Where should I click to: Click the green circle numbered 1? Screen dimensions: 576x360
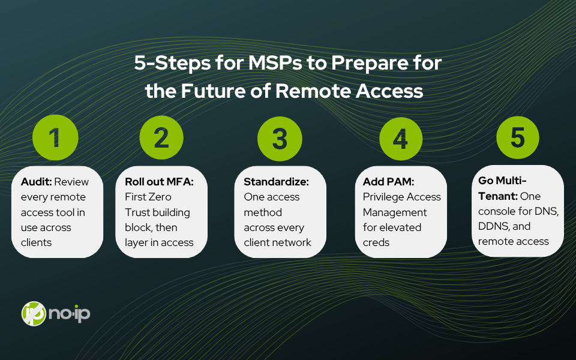click(55, 137)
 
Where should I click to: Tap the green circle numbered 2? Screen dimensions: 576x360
click(161, 137)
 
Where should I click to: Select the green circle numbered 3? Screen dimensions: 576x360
click(280, 139)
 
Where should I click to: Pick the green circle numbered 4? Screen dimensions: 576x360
click(401, 139)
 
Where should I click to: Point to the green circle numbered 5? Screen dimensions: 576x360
click(518, 137)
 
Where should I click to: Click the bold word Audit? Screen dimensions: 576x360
click(37, 181)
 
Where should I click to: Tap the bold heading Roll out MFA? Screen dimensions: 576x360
click(159, 181)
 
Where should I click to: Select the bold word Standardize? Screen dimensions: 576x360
click(276, 181)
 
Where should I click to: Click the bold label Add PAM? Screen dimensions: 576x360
click(388, 181)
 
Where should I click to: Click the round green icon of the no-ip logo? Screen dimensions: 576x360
click(34, 313)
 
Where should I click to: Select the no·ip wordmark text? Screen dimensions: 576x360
click(69, 313)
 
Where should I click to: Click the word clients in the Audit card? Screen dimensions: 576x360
click(36, 242)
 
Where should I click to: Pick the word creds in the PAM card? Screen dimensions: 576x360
click(376, 242)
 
